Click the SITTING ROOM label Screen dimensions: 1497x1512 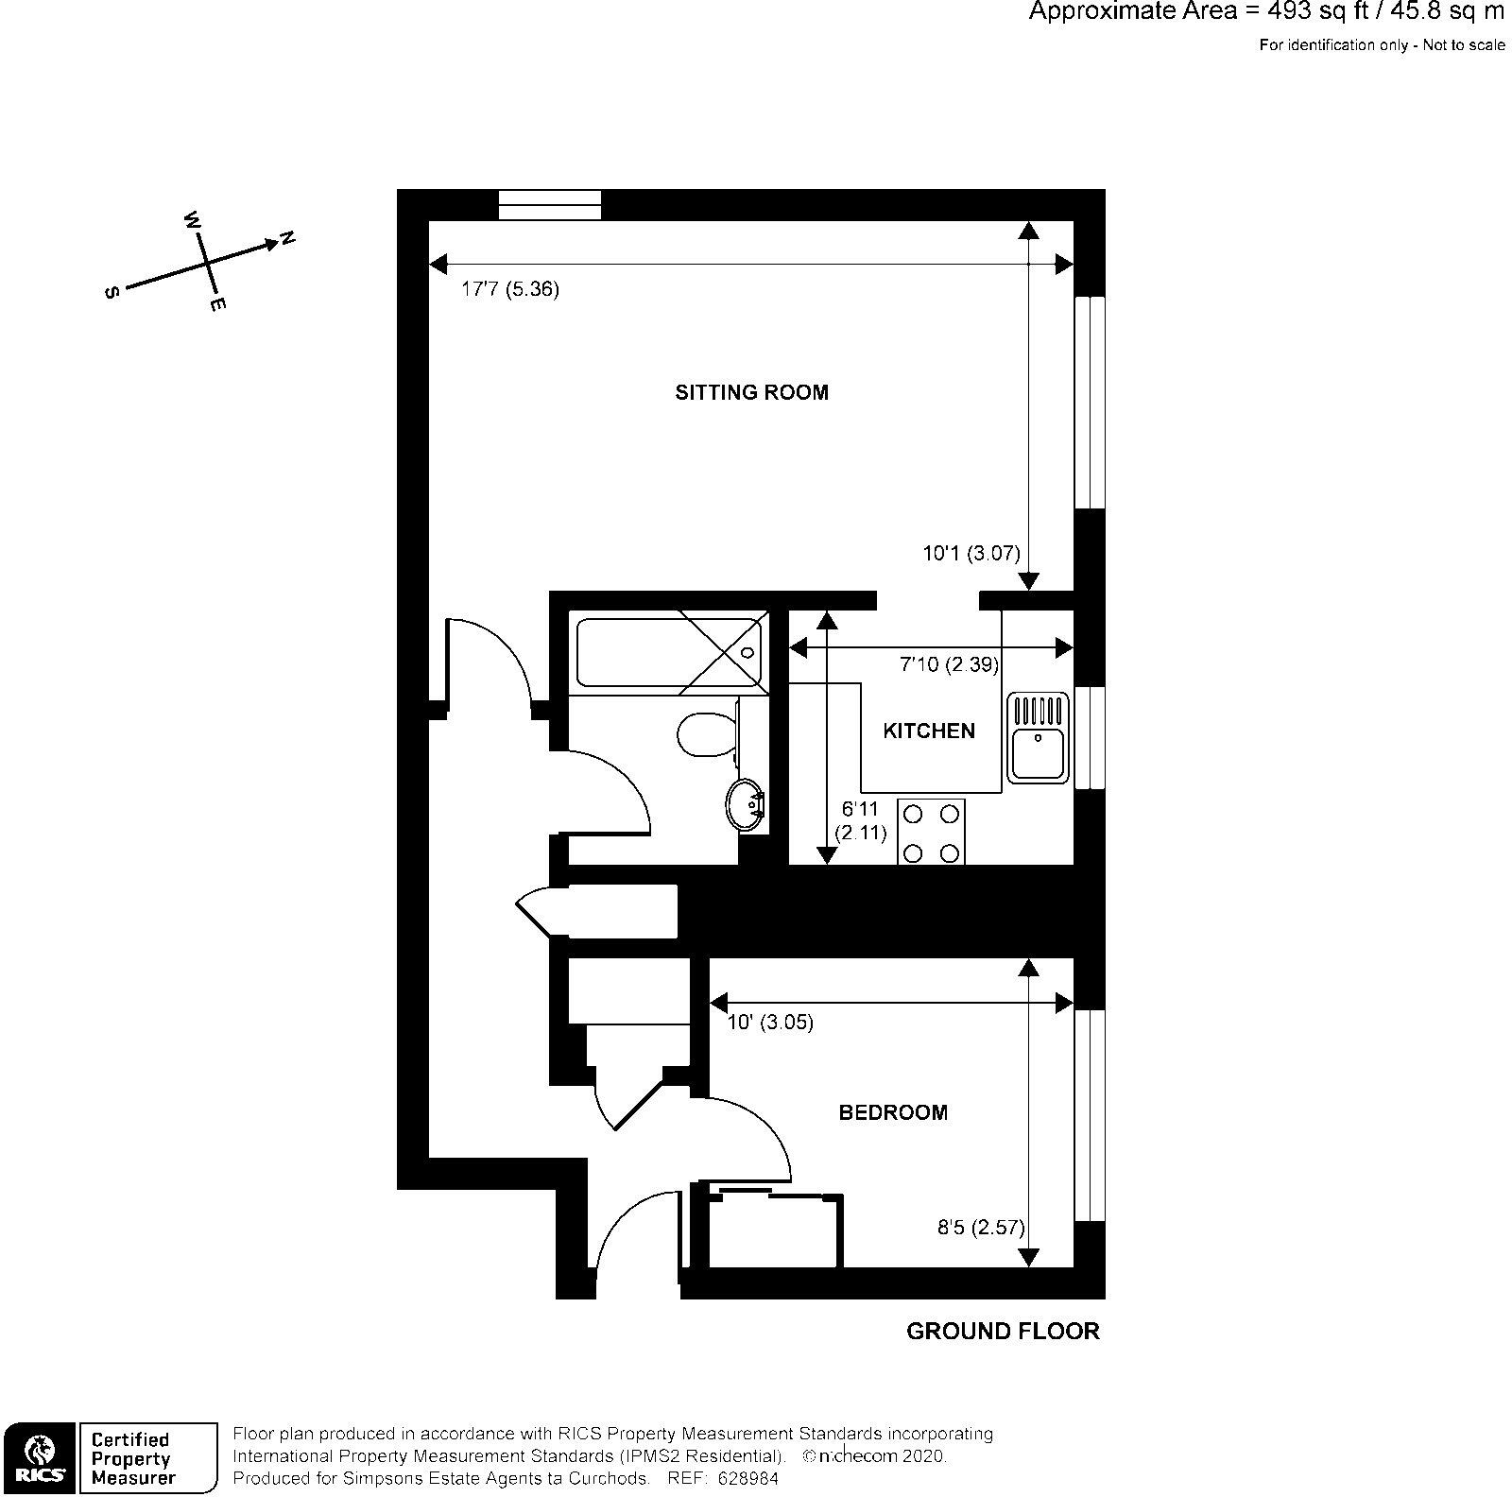[751, 392]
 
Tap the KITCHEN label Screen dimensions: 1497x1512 [928, 731]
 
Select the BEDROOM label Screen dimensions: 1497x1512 [893, 1112]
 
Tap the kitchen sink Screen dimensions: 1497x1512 [1038, 738]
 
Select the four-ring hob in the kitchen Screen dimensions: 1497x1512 [931, 832]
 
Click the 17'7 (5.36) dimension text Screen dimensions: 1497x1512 [509, 289]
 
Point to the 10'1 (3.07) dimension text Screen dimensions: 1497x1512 [971, 554]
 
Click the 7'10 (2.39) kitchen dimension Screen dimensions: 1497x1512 [948, 664]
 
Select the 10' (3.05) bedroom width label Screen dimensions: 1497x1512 [770, 1022]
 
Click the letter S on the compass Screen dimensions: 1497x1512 [112, 293]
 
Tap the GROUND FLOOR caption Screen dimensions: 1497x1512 [1003, 1332]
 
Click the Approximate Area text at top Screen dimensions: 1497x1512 [1265, 12]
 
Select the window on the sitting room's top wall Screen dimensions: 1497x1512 [549, 204]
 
